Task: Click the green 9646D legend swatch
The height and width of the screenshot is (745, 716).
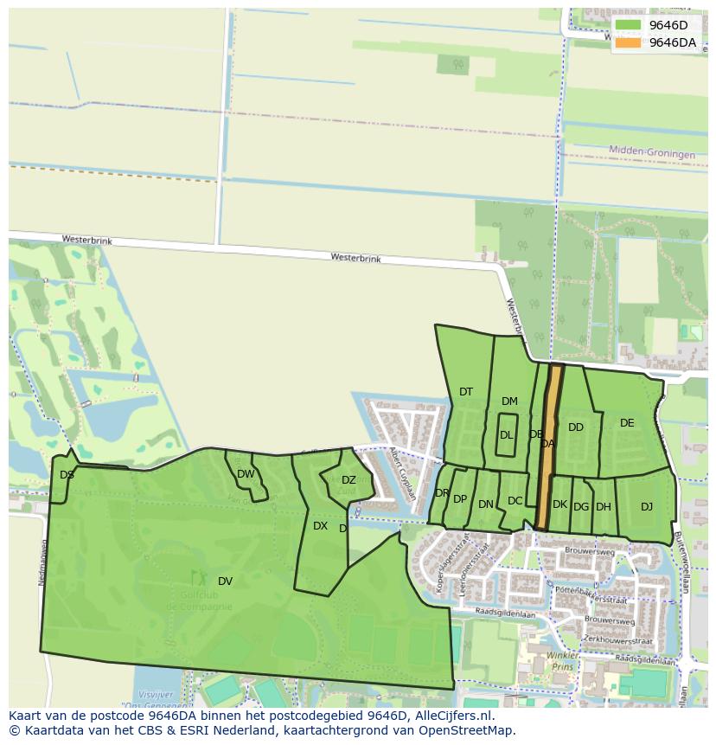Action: [x=628, y=25]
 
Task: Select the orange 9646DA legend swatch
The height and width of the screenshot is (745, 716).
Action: [x=628, y=42]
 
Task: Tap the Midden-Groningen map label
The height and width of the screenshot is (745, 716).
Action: [x=651, y=152]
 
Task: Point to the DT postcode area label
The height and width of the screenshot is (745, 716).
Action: [x=466, y=392]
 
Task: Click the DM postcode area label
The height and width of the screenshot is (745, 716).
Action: [x=509, y=401]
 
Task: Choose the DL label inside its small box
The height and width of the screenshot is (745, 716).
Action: [x=506, y=435]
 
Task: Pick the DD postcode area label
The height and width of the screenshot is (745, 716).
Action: [x=576, y=427]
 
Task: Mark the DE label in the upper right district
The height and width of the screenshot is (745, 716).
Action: [x=627, y=423]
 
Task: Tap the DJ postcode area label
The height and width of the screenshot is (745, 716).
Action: [x=647, y=507]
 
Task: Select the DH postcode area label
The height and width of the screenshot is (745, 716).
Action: [x=604, y=507]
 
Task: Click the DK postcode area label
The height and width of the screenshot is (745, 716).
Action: [x=559, y=504]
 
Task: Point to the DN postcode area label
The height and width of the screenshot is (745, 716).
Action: [x=486, y=504]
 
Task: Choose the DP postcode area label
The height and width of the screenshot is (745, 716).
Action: [x=460, y=499]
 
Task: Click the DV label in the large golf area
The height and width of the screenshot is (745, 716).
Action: [x=225, y=581]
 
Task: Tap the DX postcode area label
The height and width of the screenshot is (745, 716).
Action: [x=320, y=526]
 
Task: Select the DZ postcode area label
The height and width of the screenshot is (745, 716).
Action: [x=348, y=480]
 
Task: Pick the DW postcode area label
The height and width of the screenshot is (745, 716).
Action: [x=246, y=474]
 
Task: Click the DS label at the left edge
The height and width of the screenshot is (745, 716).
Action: [x=67, y=474]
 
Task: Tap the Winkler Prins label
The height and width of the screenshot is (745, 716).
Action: [x=562, y=660]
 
